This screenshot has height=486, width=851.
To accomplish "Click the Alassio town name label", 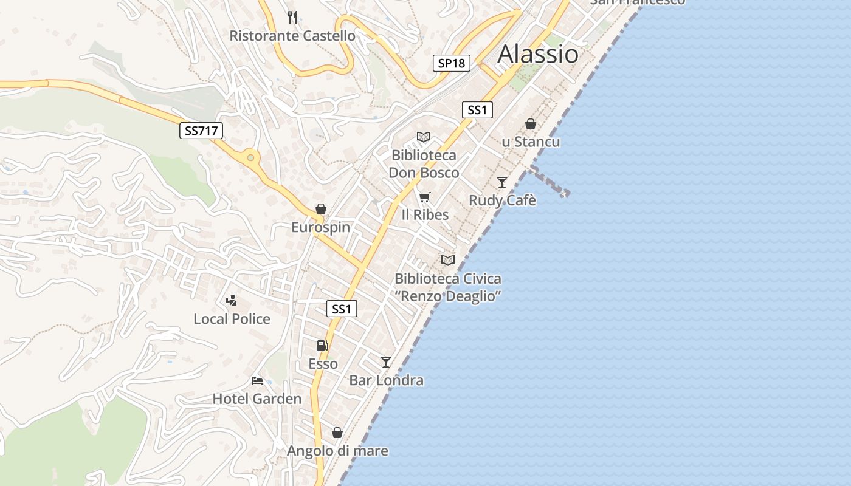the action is [x=538, y=54].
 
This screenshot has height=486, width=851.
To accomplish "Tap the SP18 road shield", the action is [x=452, y=63].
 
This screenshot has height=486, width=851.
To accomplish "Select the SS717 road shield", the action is [x=201, y=130].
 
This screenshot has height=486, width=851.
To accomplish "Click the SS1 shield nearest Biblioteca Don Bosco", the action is [x=477, y=110].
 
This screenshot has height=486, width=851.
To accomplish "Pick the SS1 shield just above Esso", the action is [x=342, y=309].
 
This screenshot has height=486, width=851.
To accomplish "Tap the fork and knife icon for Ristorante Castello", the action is [x=292, y=17].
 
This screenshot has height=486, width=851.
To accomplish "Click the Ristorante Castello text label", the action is [x=292, y=36].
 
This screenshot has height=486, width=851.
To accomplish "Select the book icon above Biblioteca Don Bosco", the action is [x=424, y=137].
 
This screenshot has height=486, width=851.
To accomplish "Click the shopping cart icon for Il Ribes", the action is [x=425, y=197].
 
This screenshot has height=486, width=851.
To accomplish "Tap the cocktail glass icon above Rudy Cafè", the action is [x=502, y=182].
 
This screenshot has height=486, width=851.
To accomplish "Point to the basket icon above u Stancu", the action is [x=531, y=124].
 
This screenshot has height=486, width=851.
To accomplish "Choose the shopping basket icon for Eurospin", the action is [x=321, y=209].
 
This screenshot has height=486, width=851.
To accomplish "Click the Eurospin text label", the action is [x=321, y=227].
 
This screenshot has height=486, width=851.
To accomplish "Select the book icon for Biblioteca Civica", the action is [x=448, y=260].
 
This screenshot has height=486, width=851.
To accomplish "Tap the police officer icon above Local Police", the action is [x=231, y=300].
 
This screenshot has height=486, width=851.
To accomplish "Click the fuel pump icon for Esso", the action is [x=322, y=346].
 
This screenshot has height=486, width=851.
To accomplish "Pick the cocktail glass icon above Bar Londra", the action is [x=386, y=362].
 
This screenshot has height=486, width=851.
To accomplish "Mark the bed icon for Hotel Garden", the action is [x=257, y=381].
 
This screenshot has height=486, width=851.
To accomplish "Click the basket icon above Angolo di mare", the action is [x=337, y=433].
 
